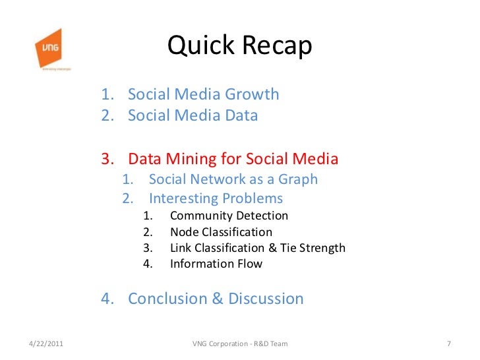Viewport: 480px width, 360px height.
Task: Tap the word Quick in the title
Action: (x=199, y=45)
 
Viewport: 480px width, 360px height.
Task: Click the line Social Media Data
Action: (x=193, y=115)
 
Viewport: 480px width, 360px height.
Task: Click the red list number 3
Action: (x=106, y=159)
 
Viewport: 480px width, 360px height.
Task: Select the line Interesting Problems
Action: (x=216, y=198)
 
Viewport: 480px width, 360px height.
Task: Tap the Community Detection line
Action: (x=229, y=216)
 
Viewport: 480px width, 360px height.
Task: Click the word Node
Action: (x=183, y=232)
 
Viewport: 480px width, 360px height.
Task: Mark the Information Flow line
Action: (x=216, y=264)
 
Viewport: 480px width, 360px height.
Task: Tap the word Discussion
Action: (x=266, y=299)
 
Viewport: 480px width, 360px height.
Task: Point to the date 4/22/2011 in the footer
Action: (x=47, y=344)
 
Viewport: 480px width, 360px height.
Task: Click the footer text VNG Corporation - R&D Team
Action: (x=239, y=344)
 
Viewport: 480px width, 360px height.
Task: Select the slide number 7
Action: (x=448, y=344)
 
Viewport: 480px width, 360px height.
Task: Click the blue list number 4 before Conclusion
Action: (x=106, y=299)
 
